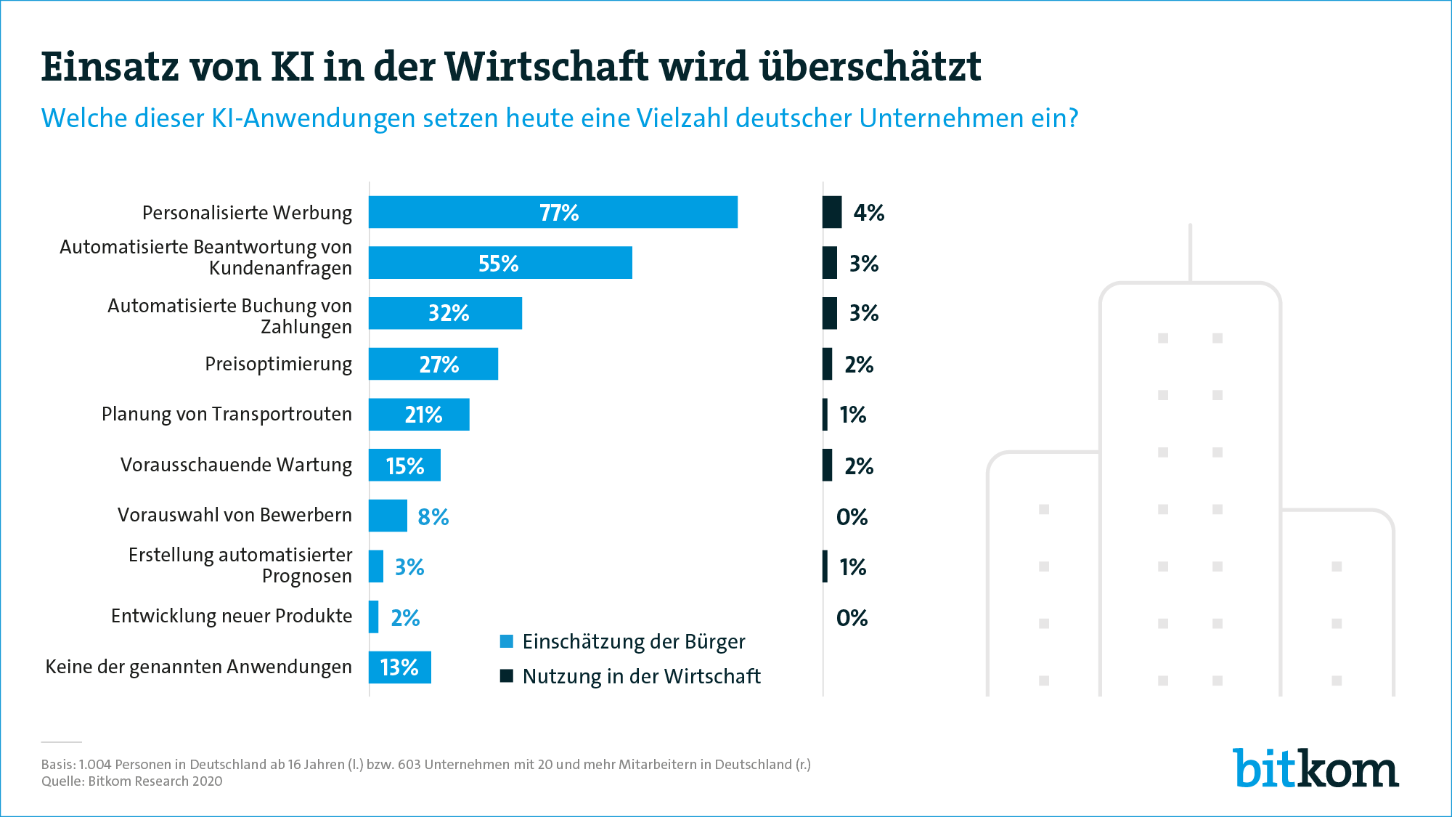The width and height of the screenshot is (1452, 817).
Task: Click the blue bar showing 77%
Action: pos(552,212)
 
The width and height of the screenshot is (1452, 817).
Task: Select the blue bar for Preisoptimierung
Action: pos(433,364)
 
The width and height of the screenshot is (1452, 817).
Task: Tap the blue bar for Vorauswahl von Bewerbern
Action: pos(388,516)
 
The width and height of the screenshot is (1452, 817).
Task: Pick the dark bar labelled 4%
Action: pos(832,212)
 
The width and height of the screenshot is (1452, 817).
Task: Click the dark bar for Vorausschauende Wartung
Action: pos(827,465)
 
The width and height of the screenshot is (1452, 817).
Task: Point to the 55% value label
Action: pos(498,264)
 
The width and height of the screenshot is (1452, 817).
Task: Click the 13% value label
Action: pos(399,667)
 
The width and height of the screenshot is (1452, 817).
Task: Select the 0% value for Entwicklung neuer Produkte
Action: pos(852,618)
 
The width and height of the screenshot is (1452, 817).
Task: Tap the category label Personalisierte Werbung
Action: pos(247,213)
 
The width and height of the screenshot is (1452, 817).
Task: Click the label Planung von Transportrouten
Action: pos(227,414)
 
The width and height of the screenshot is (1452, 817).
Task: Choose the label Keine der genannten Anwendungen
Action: pos(198,667)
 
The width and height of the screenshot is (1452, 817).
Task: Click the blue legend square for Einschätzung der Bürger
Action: pos(507,641)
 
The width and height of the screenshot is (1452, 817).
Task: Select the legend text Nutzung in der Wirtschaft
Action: pos(641,676)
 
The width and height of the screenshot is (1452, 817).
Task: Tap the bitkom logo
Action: pos(1316,768)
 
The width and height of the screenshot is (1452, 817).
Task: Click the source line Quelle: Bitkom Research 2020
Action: pos(131,781)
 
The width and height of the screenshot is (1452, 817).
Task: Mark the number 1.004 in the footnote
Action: pos(95,765)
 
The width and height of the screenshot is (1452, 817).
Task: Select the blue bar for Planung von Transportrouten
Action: pos(419,415)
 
